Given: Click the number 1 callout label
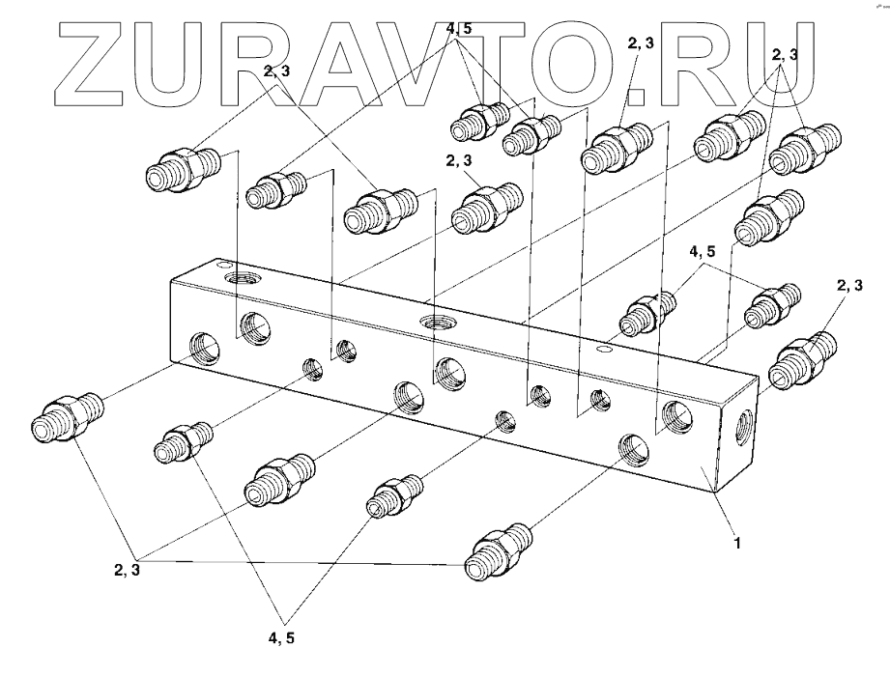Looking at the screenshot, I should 736,544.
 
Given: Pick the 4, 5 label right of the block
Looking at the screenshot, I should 703,255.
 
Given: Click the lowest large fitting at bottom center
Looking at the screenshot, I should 498,552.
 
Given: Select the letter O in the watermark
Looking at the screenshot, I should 569,64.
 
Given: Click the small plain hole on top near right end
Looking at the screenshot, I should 604,349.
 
